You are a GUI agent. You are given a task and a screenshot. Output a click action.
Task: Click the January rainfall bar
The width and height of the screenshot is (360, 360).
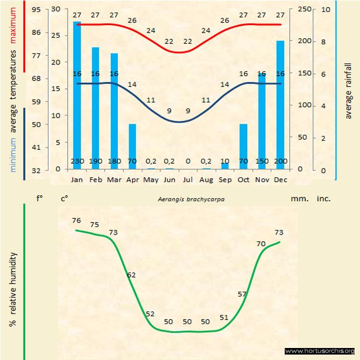[x=77, y=93]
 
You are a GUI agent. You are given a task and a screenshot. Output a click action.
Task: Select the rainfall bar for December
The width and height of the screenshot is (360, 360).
[x=280, y=104]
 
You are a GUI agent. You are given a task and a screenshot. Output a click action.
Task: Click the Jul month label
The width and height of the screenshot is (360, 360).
[x=188, y=179]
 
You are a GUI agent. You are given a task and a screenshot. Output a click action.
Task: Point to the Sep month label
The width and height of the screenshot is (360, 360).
[x=225, y=179]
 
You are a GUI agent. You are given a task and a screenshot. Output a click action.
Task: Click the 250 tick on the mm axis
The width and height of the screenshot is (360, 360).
[x=304, y=9]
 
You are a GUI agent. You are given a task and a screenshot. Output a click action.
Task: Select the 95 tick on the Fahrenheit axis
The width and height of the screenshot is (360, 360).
[x=36, y=9]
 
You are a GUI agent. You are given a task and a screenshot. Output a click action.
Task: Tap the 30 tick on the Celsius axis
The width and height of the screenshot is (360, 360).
[x=56, y=9]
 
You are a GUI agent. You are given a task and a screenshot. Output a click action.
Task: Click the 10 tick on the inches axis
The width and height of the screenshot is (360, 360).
[x=325, y=9]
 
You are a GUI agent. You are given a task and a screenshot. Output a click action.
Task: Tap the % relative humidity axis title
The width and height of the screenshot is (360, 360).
[x=12, y=289]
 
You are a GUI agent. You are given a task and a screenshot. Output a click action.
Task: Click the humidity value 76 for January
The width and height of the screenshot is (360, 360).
[x=76, y=220]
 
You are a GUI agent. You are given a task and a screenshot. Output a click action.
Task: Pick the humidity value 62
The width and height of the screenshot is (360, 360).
[x=131, y=275]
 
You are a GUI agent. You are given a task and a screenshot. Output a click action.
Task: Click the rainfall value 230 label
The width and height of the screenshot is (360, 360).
[x=77, y=161]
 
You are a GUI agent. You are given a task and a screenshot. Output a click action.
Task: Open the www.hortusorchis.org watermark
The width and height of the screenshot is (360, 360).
[x=320, y=351]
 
